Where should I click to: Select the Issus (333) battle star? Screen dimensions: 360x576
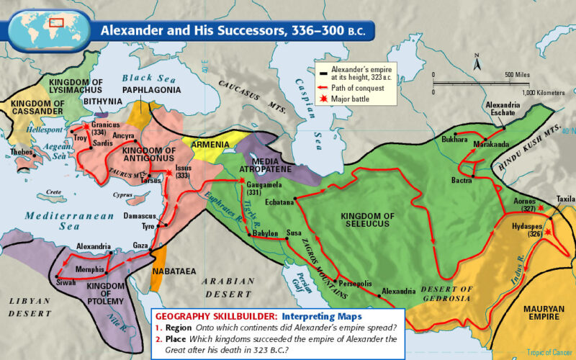click(x=169, y=172)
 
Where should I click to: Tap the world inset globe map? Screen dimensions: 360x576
click(x=49, y=27)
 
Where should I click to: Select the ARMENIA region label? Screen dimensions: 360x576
click(x=210, y=144)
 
